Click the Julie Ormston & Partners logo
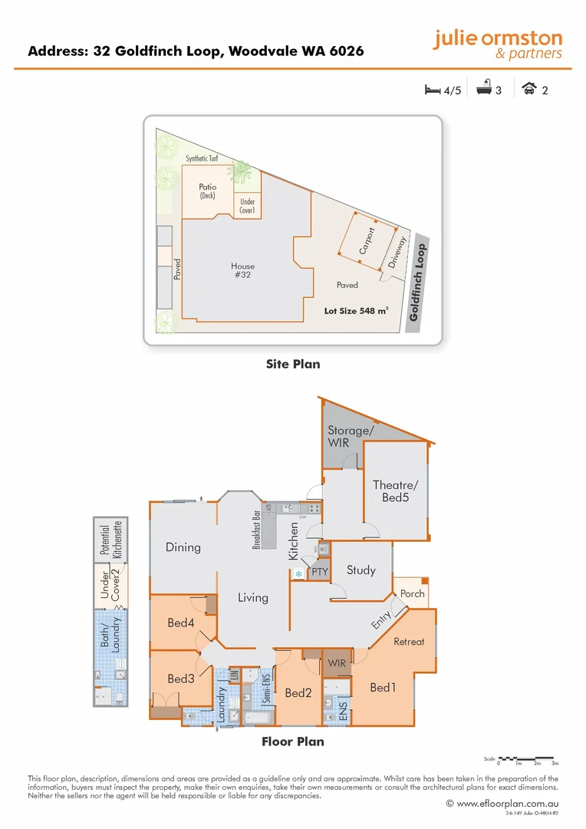tap(496, 44)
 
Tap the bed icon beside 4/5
tap(433, 90)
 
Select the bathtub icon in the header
tap(483, 89)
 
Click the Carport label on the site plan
tap(367, 241)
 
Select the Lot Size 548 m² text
tap(356, 311)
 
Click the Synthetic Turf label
tap(202, 159)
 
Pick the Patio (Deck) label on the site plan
tap(207, 190)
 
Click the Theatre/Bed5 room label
tap(395, 490)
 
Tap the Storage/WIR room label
tap(350, 436)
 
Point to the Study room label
tap(360, 570)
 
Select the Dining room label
tap(183, 547)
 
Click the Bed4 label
tap(180, 623)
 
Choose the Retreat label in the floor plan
tap(409, 642)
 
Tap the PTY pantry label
tap(319, 573)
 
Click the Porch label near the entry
tap(413, 593)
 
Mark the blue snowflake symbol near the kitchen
tap(298, 573)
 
